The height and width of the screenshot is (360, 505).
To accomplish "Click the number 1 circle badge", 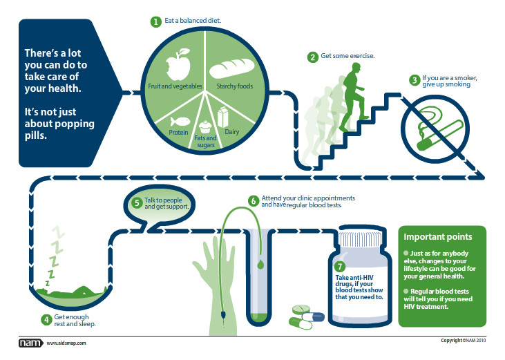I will [x=156, y=21].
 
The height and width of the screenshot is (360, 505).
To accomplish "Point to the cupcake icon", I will [x=204, y=126].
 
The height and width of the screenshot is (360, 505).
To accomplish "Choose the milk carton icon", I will [x=224, y=116].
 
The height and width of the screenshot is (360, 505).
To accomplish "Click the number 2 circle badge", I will [x=313, y=57].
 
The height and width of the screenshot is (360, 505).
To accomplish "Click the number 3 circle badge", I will [x=414, y=80].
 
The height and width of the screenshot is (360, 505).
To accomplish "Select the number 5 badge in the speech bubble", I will [x=137, y=203].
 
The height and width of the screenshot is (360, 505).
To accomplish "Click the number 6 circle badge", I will [x=254, y=201].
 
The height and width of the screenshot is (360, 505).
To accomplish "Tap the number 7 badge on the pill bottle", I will [x=339, y=266].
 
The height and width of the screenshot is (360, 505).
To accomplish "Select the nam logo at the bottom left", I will [x=30, y=343].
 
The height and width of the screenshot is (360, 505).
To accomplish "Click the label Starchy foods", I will [x=235, y=87].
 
